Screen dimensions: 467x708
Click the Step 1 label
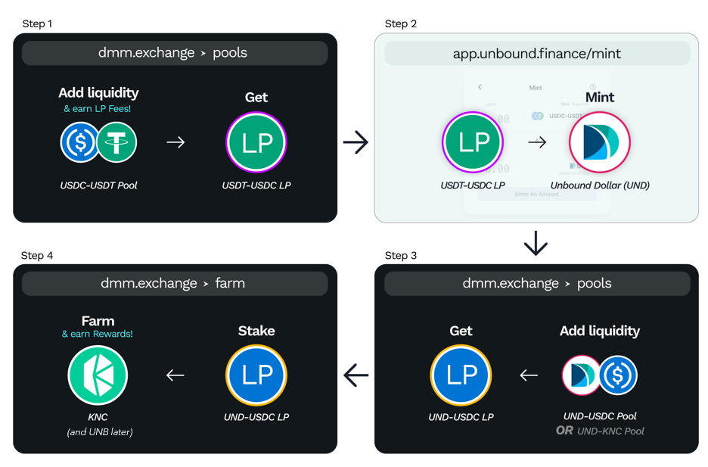click(37, 23)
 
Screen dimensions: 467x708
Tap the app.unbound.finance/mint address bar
click(536, 54)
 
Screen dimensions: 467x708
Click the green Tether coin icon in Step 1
click(116, 142)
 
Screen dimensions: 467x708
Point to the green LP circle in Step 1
click(256, 142)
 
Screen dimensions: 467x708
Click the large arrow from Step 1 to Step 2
click(356, 142)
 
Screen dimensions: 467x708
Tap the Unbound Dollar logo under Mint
click(599, 142)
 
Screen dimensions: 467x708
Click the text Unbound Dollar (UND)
click(599, 185)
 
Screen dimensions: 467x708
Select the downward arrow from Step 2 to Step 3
click(536, 244)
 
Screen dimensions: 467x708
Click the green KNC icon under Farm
click(98, 375)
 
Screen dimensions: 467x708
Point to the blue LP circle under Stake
click(256, 375)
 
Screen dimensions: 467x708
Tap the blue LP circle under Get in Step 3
click(461, 375)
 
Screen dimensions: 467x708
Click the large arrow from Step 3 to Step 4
click(356, 375)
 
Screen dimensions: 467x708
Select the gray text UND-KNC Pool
click(610, 431)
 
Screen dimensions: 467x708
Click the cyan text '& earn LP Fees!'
click(98, 109)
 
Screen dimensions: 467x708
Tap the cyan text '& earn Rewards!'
click(98, 334)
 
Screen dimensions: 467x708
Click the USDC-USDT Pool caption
click(98, 185)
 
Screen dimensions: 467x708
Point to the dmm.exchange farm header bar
click(174, 284)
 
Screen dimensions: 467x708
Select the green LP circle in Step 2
click(473, 142)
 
